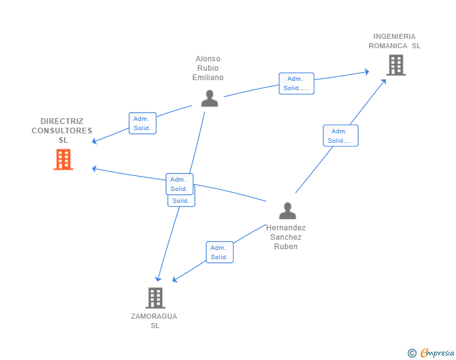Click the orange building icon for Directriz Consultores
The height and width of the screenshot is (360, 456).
coord(63,160)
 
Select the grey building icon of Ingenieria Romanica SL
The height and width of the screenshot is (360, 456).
coord(395,65)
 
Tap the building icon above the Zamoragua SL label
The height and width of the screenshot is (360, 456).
coord(155,298)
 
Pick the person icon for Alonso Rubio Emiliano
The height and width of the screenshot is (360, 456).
coord(209,98)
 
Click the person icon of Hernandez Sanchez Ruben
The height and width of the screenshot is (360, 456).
coord(287,211)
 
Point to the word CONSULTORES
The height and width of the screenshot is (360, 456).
coord(62,131)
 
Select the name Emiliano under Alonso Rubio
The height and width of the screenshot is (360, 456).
coord(208,78)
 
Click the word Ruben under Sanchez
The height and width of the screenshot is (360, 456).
coord(286,246)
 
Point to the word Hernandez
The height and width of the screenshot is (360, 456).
coord(286,228)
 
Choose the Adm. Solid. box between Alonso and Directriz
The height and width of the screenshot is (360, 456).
coord(142,123)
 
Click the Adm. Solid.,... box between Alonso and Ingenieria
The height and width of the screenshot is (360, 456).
coord(296,83)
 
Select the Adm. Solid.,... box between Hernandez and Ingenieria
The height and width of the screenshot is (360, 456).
coord(341,136)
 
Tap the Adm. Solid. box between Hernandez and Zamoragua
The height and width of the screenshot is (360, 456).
coord(220,252)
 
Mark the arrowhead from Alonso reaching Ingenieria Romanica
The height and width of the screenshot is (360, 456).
coord(366,72)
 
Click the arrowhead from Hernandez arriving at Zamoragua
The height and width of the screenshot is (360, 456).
coord(175,280)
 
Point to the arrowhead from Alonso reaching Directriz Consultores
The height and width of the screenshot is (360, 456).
coord(95,141)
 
